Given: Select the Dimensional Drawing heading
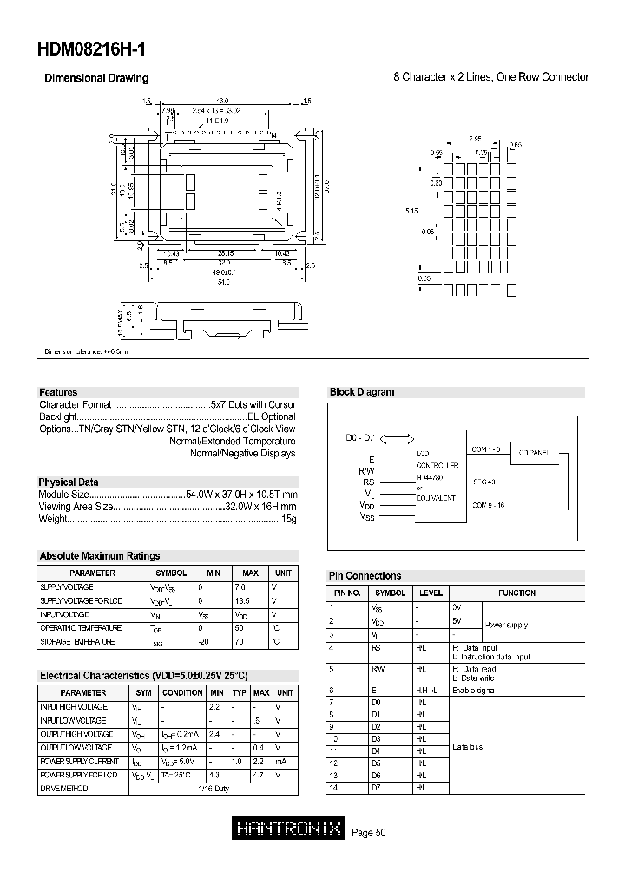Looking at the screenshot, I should (x=96, y=78).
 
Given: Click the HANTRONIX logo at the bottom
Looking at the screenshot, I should (x=289, y=829).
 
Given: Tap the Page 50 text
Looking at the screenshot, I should (x=368, y=833).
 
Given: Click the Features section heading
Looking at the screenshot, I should (x=58, y=392).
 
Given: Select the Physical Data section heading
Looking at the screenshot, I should (x=69, y=482).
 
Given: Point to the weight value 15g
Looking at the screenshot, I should (x=288, y=519).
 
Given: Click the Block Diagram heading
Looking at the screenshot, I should (x=362, y=392).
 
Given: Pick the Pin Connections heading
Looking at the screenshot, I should (x=365, y=576).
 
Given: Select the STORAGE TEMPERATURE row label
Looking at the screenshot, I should (x=77, y=641).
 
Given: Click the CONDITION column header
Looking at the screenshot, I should (x=182, y=692).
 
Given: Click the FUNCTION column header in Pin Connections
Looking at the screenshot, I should (x=516, y=593).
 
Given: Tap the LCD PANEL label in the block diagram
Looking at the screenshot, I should (x=532, y=452).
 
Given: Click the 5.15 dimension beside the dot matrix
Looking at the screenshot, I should (x=412, y=210).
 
